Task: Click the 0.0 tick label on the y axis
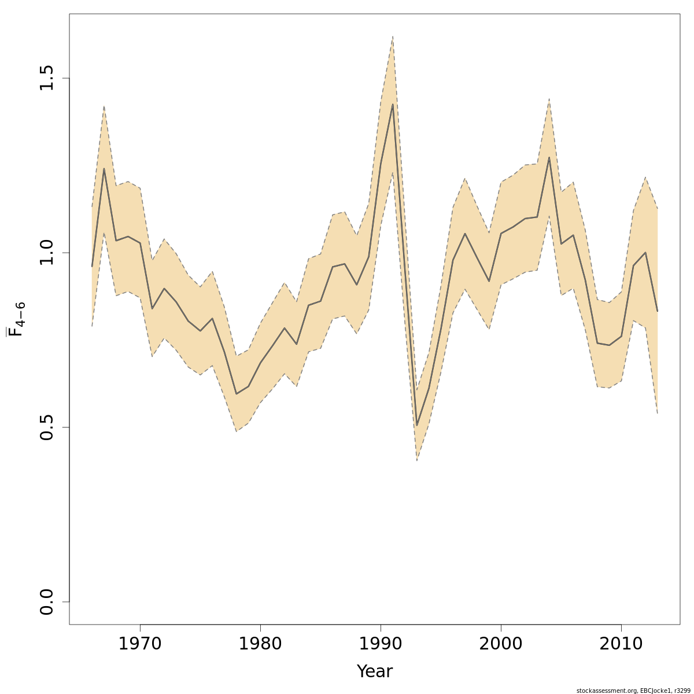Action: (x=46, y=601)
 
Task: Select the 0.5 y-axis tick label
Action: (x=46, y=427)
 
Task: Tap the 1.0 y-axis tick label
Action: (x=46, y=253)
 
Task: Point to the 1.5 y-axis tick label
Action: (x=46, y=78)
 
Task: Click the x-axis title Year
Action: (x=374, y=671)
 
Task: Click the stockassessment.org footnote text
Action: (x=633, y=691)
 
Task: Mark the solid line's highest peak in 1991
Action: (x=393, y=104)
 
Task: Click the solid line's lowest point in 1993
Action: (x=416, y=426)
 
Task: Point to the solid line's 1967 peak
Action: (x=104, y=168)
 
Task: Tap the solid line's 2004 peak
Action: (x=549, y=157)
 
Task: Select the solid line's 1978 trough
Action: (x=236, y=394)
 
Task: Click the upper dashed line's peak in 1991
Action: (x=393, y=36)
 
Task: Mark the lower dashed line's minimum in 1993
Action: (x=416, y=461)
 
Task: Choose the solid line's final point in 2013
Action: (x=658, y=311)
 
